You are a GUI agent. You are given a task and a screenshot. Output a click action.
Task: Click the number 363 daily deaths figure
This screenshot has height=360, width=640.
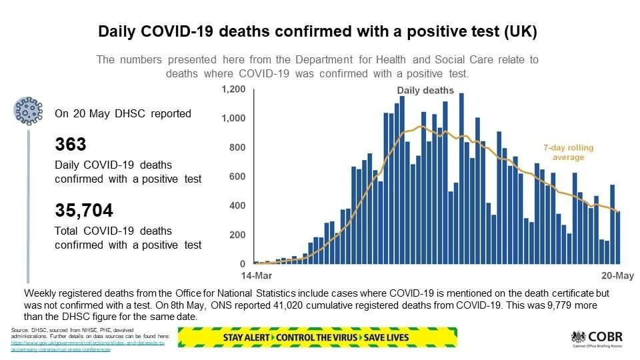[x=71, y=145]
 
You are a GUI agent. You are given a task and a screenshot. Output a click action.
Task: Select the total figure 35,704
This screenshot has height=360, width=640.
[x=84, y=211]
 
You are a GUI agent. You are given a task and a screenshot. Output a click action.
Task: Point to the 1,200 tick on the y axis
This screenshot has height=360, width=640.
[x=233, y=89]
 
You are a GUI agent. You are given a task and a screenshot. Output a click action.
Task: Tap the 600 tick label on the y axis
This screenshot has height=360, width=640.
[x=237, y=177]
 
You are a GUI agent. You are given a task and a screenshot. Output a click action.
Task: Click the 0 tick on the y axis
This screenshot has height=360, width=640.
[x=243, y=265]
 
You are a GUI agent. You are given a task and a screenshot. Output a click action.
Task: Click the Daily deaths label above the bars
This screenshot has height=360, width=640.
[x=425, y=91]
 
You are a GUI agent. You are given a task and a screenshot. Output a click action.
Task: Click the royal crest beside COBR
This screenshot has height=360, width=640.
[x=577, y=337]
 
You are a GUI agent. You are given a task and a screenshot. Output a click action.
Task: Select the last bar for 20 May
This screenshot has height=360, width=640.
[x=618, y=237]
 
